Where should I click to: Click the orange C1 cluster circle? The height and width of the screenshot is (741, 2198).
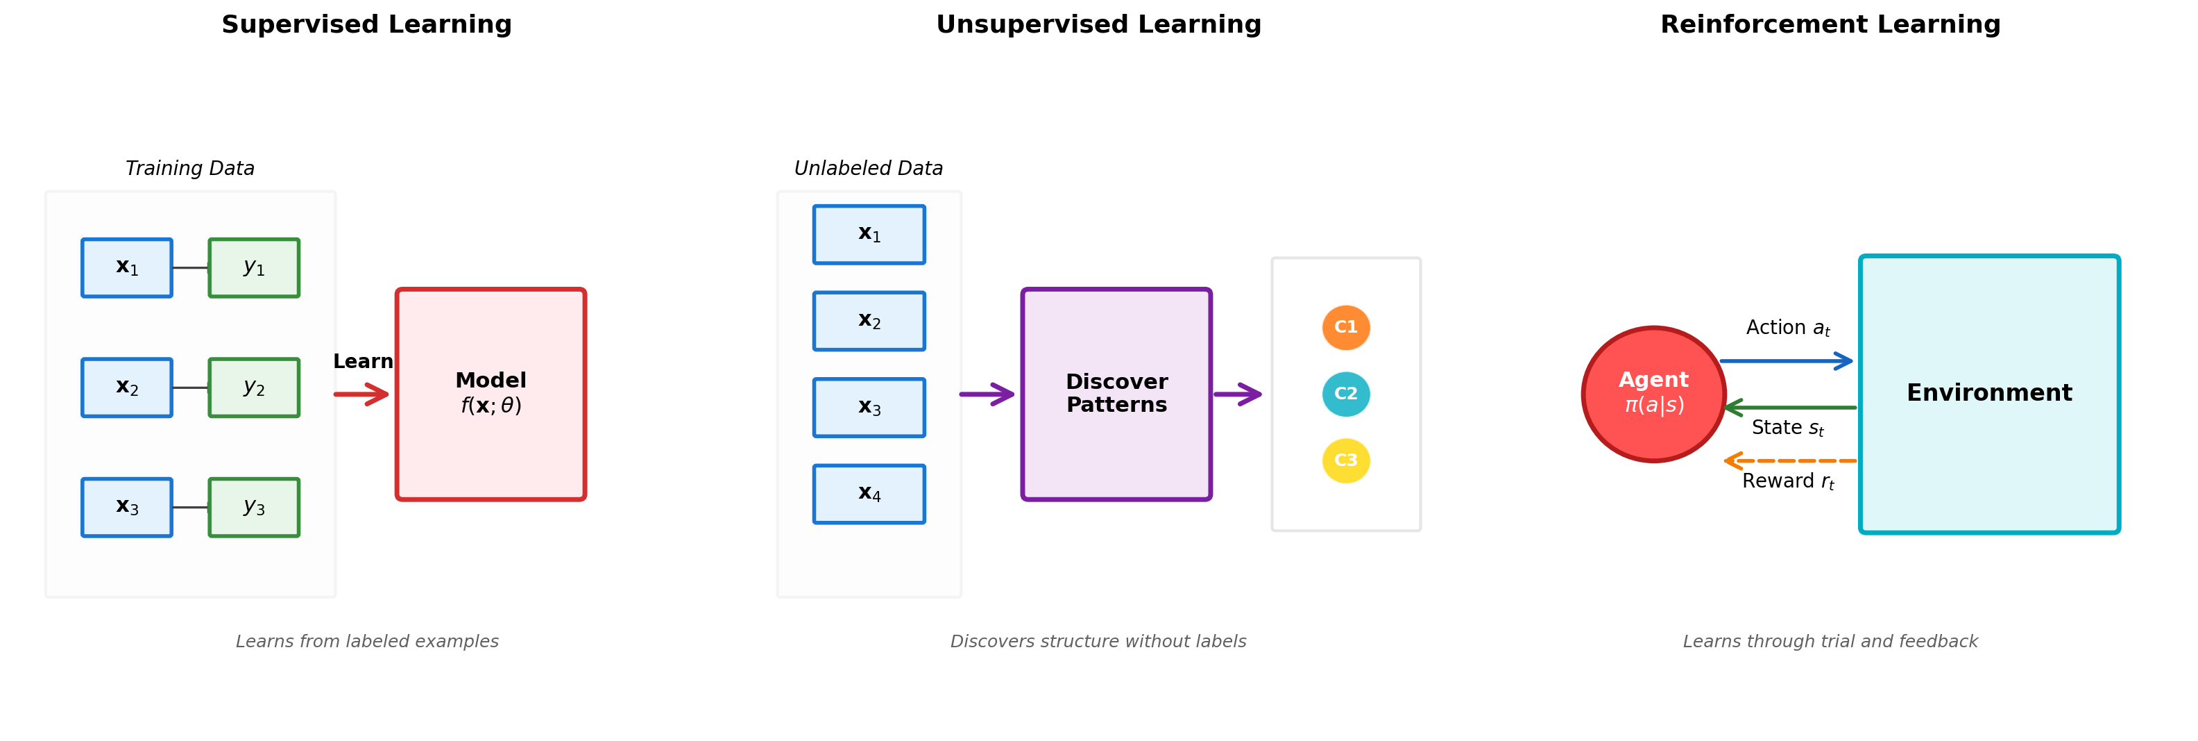point(1345,328)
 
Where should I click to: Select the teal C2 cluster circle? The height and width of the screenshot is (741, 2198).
point(1345,394)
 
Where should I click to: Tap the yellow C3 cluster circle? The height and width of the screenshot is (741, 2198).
point(1345,461)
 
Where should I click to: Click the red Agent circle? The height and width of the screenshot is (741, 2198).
point(1653,394)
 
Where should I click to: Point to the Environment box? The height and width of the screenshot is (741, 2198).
point(1989,394)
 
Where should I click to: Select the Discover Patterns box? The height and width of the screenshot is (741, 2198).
point(1116,394)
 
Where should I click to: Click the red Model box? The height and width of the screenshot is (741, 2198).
point(491,394)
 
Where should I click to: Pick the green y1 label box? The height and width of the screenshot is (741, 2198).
point(254,268)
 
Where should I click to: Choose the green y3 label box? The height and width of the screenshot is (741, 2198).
point(254,507)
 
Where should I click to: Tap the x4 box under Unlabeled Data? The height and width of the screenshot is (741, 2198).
point(869,494)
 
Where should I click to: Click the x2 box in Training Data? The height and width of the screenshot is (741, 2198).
point(127,388)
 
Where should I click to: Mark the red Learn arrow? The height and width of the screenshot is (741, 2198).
point(361,394)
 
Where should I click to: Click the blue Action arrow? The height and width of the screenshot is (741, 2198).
point(1787,361)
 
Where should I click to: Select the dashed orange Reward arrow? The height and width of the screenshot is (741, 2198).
point(1790,461)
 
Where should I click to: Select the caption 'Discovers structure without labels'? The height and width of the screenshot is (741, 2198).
point(1098,641)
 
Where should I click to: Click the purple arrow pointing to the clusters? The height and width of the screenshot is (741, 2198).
point(1237,394)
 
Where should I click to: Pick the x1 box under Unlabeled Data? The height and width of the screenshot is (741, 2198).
point(869,235)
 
